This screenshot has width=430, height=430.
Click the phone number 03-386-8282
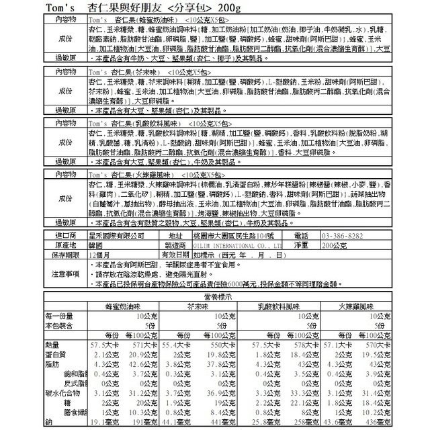tap(347, 236)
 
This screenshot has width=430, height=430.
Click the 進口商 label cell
tap(65, 236)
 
